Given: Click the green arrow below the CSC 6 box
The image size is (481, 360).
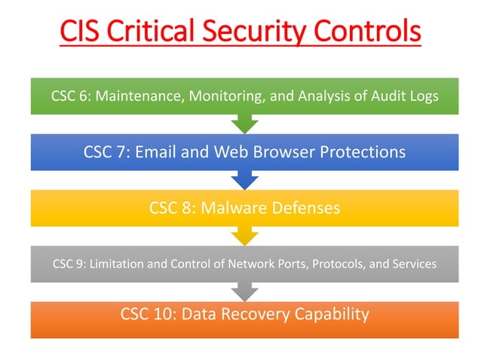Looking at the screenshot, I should click(244, 124).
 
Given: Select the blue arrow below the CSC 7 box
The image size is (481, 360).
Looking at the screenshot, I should click(244, 181).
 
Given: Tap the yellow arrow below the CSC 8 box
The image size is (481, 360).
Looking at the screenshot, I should click(244, 236).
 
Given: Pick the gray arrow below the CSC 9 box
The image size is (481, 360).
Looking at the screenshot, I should click(244, 292).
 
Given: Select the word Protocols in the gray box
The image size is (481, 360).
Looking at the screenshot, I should click(333, 264).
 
